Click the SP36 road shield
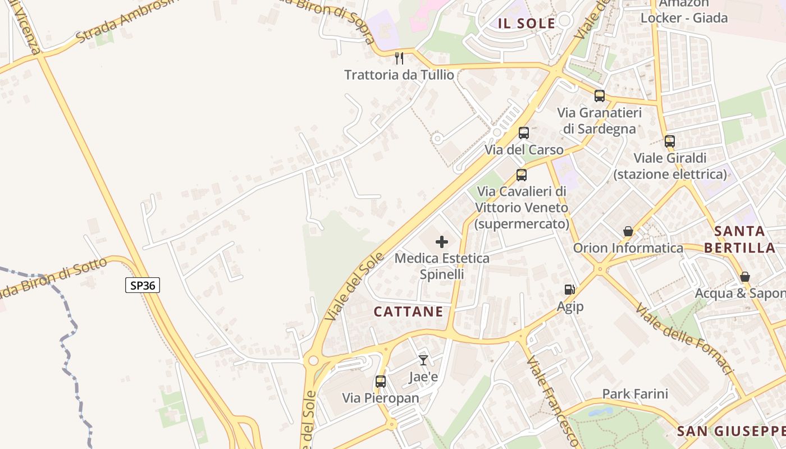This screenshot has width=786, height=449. pyautogui.click(x=143, y=285)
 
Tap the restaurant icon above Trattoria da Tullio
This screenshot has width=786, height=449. pyautogui.click(x=399, y=58)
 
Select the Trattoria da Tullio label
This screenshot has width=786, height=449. pyautogui.click(x=399, y=75)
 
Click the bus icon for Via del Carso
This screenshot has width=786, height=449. pyautogui.click(x=524, y=133)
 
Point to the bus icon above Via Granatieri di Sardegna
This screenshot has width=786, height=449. pyautogui.click(x=600, y=96)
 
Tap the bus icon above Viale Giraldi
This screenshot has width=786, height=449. pyautogui.click(x=670, y=141)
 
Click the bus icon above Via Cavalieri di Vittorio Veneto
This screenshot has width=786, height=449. pyautogui.click(x=522, y=175)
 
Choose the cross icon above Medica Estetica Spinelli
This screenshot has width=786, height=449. pyautogui.click(x=442, y=242)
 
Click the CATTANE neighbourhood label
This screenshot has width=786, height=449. pyautogui.click(x=408, y=312)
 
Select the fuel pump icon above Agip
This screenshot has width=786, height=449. pyautogui.click(x=570, y=290)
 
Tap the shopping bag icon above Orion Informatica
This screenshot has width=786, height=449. pyautogui.click(x=628, y=231)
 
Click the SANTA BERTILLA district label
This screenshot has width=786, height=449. pyautogui.click(x=740, y=239)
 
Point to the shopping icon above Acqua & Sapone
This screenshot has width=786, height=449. pyautogui.click(x=745, y=277)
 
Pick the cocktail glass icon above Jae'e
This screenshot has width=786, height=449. pyautogui.click(x=423, y=360)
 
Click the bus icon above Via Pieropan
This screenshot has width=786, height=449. pyautogui.click(x=381, y=382)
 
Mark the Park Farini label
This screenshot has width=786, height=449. pyautogui.click(x=635, y=394)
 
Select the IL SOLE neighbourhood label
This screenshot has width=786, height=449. pyautogui.click(x=526, y=24)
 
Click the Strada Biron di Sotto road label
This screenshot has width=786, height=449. pyautogui.click(x=53, y=279)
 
